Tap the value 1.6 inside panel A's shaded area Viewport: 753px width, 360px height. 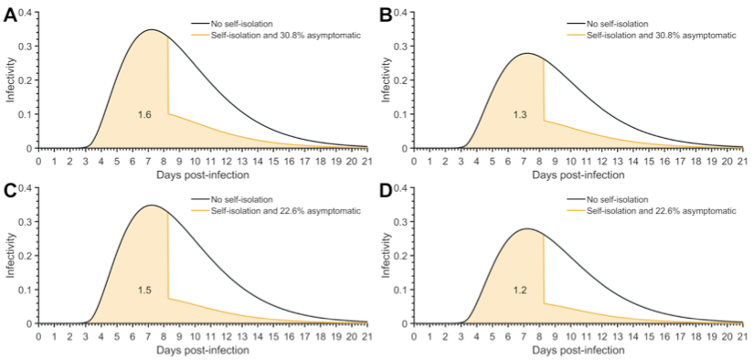pos(144,114)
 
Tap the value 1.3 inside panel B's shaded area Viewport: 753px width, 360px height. pos(520,114)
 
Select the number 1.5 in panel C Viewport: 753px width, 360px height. pos(144,290)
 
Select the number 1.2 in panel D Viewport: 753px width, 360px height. pos(520,290)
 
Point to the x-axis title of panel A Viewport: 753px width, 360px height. pos(203,173)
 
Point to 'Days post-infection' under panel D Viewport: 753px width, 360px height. pos(578,348)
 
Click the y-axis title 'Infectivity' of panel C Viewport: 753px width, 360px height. pos(10,256)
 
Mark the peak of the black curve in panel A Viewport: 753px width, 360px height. pos(151,30)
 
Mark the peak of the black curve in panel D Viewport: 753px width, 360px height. pos(527,228)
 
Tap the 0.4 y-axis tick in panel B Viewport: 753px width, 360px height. pos(403,13)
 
